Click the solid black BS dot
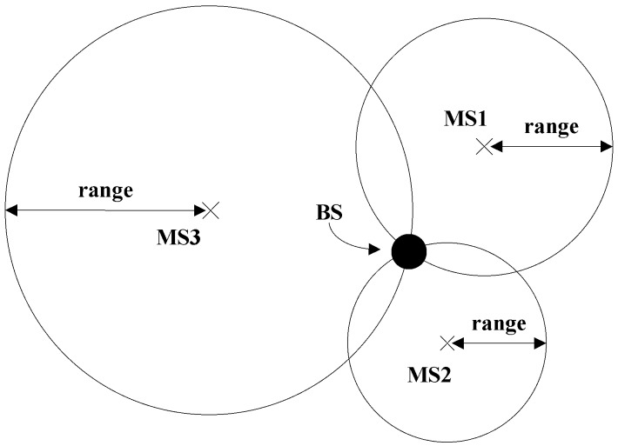tap(408, 252)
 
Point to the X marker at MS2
tap(447, 343)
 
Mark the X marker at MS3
tap(209, 209)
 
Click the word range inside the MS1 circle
tap(551, 127)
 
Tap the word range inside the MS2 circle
tap(499, 323)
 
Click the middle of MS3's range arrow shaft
tap(104, 209)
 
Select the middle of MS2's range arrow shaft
tap(497, 343)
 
